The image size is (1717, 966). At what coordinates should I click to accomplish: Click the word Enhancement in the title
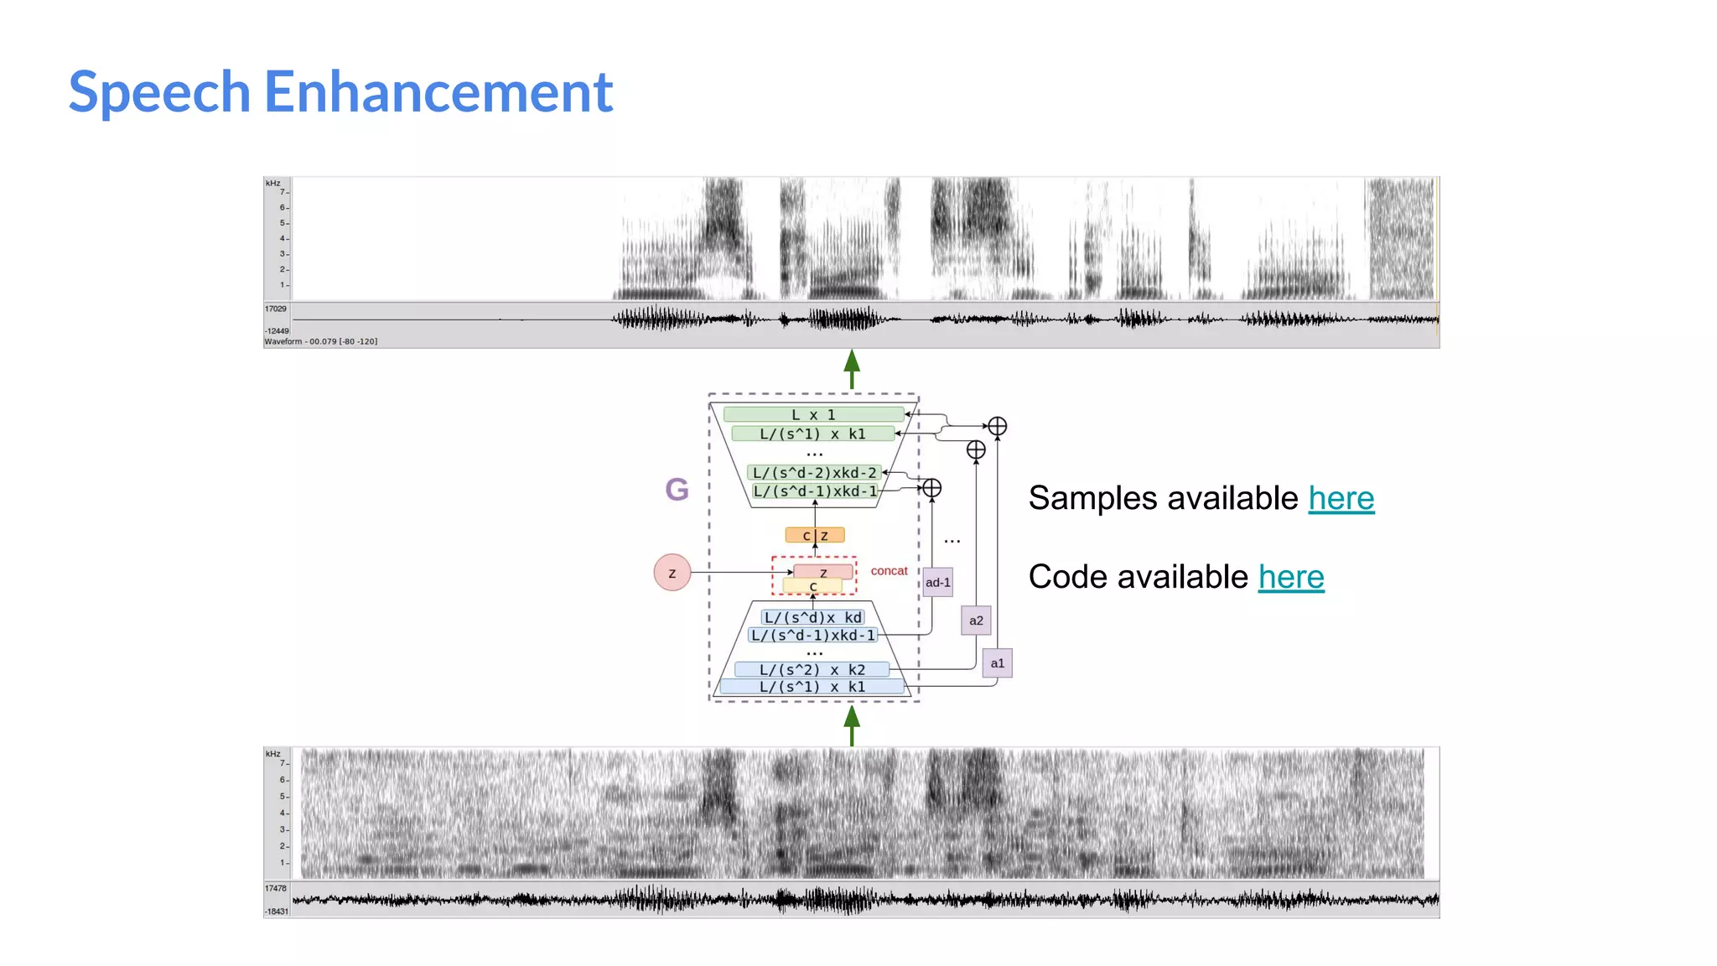tap(438, 91)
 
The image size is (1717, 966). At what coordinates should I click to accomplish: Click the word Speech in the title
tap(159, 93)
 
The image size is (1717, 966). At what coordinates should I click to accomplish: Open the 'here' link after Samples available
tap(1341, 498)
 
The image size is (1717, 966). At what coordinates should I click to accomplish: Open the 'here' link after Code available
tap(1290, 577)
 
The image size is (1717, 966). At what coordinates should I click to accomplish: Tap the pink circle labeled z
tap(672, 573)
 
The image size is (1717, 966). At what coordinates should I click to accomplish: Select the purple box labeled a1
tap(997, 663)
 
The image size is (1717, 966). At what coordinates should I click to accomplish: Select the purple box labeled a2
tap(976, 621)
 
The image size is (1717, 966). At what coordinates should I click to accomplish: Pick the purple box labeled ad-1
tap(938, 583)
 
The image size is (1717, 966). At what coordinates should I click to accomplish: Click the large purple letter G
tap(677, 489)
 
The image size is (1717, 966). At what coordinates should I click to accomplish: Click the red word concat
tap(889, 571)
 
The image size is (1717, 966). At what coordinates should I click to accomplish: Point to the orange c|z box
tap(815, 535)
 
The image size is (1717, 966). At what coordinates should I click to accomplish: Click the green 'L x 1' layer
tap(813, 414)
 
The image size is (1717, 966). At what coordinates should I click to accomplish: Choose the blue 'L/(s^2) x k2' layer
tap(812, 669)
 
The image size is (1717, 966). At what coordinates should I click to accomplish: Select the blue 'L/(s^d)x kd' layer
tap(812, 617)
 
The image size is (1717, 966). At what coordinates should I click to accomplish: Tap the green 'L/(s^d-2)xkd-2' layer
tap(814, 473)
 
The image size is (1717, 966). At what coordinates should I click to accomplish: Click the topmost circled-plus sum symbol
tap(997, 426)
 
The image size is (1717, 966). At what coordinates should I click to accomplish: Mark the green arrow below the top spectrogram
tap(852, 369)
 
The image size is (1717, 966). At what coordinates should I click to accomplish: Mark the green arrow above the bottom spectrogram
tap(852, 725)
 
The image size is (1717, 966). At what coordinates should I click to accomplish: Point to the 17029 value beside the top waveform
tap(276, 309)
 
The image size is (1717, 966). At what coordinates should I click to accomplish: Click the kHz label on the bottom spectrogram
tap(273, 754)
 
